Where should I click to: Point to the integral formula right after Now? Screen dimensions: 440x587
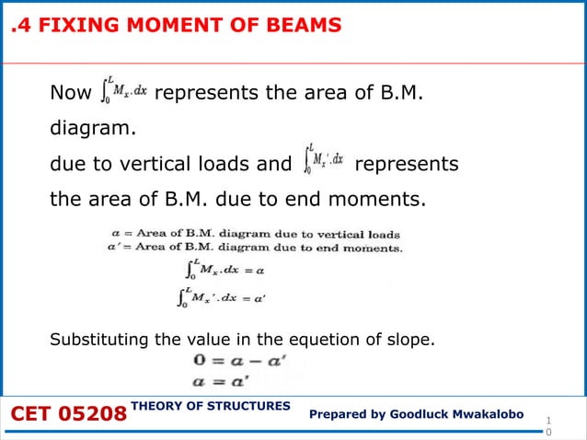click(x=121, y=92)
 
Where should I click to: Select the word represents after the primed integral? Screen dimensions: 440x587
click(x=406, y=165)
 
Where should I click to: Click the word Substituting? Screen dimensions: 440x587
click(x=100, y=341)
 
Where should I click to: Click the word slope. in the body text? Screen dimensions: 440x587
click(x=410, y=341)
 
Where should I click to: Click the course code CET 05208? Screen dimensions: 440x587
click(x=68, y=416)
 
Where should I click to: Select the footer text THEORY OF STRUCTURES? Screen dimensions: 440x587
click(x=211, y=406)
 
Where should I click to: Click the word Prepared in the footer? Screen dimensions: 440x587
click(x=341, y=416)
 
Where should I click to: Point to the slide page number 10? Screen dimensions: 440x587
click(x=549, y=424)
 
